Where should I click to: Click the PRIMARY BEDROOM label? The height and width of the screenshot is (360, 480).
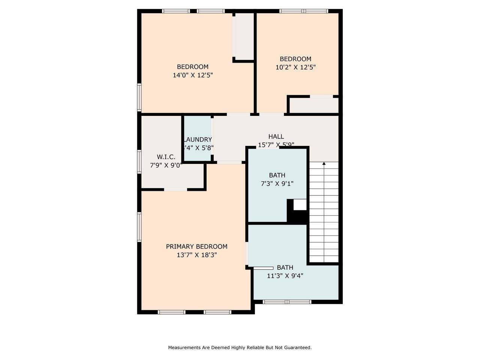pyautogui.click(x=196, y=246)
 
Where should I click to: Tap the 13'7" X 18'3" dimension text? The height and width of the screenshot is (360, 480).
pyautogui.click(x=197, y=255)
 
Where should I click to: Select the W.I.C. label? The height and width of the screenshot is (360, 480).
pyautogui.click(x=166, y=157)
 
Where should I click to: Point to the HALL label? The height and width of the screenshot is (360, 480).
pyautogui.click(x=276, y=136)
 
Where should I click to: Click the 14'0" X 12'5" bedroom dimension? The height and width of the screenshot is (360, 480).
pyautogui.click(x=193, y=75)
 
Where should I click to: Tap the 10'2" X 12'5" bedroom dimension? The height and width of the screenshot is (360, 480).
pyautogui.click(x=295, y=67)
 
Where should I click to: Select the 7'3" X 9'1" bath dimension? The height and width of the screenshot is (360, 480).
pyautogui.click(x=277, y=184)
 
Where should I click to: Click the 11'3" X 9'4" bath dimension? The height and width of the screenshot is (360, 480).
pyautogui.click(x=285, y=276)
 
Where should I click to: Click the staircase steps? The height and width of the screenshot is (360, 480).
pyautogui.click(x=324, y=214)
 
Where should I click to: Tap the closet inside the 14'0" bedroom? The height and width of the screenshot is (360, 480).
pyautogui.click(x=243, y=36)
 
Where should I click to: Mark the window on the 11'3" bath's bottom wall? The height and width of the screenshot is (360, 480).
pyautogui.click(x=287, y=301)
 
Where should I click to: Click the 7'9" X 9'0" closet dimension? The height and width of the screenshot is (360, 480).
pyautogui.click(x=166, y=165)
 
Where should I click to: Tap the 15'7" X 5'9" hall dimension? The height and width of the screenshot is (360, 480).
pyautogui.click(x=276, y=144)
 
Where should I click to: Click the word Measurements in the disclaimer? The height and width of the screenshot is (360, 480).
pyautogui.click(x=184, y=348)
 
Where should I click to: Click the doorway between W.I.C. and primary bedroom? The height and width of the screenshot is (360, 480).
pyautogui.click(x=175, y=189)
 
